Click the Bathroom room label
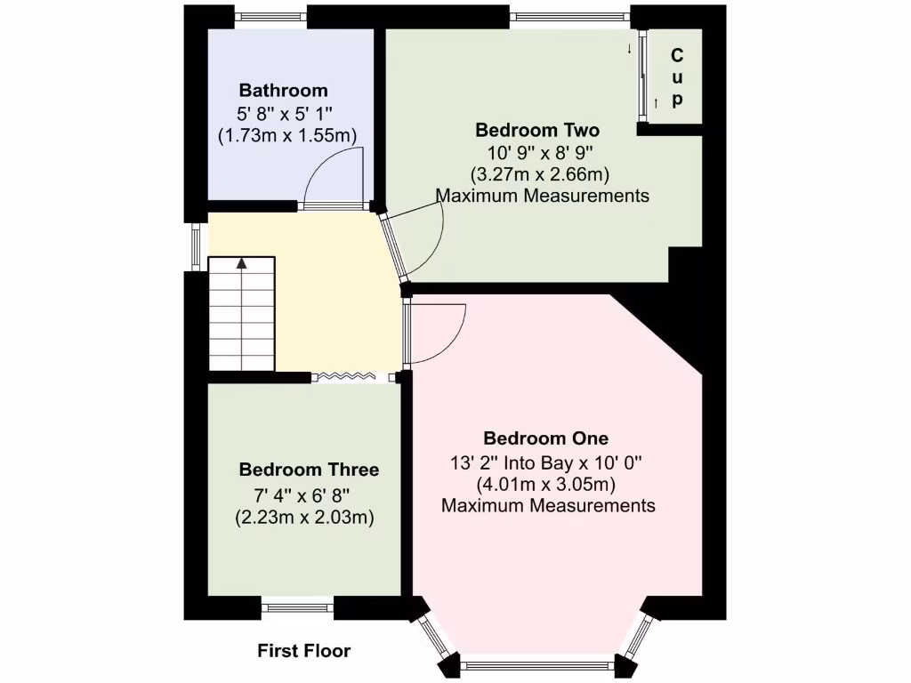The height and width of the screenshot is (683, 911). coord(283,91)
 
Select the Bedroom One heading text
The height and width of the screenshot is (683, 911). coord(545,438)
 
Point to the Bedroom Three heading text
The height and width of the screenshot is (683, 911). coord(309,470)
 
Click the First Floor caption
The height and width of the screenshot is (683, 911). coord(304,651)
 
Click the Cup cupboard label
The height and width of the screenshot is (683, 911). coord(677,77)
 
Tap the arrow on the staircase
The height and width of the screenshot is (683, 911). coord(241,264)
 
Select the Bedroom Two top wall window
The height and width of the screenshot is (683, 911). coord(570,15)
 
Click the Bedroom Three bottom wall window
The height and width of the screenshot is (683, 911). coord(298,608)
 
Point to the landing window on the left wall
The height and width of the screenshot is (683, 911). coord(197,246)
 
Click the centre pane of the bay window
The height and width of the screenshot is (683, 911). coord(537,664)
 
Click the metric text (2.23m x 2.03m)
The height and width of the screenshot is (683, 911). coord(303,517)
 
